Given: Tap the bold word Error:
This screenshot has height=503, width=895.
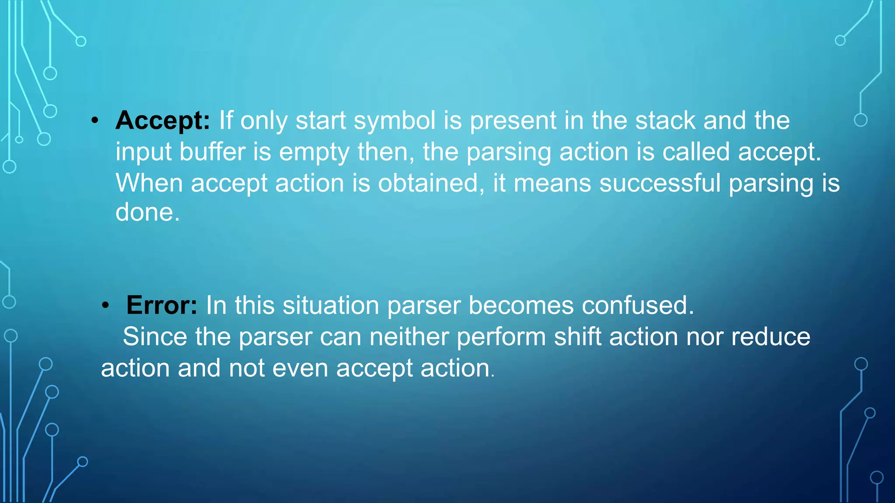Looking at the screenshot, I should pyautogui.click(x=162, y=305).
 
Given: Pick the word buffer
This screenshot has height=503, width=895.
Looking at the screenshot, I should pyautogui.click(x=212, y=152).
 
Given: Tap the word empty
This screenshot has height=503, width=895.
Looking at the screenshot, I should pyautogui.click(x=314, y=153).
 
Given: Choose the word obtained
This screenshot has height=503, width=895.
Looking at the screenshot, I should pyautogui.click(x=428, y=183).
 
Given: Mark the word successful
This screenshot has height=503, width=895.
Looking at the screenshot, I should pyautogui.click(x=660, y=183).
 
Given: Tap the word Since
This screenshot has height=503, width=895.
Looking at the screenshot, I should pyautogui.click(x=155, y=337).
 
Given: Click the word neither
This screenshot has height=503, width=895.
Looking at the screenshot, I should pyautogui.click(x=409, y=337).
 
